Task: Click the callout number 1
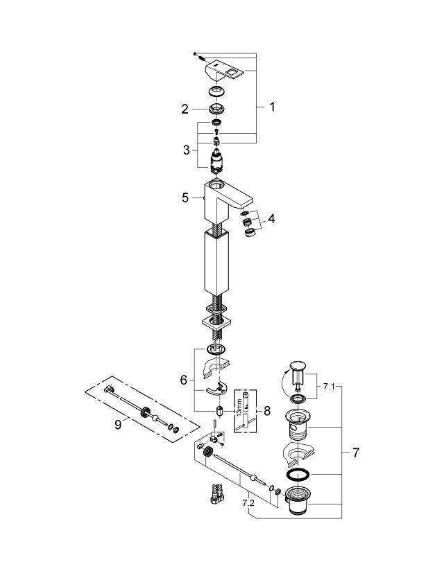pyautogui.click(x=272, y=107)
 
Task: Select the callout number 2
pyautogui.click(x=185, y=109)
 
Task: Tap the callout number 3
pyautogui.click(x=187, y=150)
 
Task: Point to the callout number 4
pyautogui.click(x=271, y=219)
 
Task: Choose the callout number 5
pyautogui.click(x=185, y=197)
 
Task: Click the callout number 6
pyautogui.click(x=184, y=380)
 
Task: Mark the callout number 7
pyautogui.click(x=356, y=453)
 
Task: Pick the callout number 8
pyautogui.click(x=267, y=411)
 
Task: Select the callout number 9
pyautogui.click(x=118, y=425)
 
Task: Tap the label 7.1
pyautogui.click(x=329, y=387)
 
